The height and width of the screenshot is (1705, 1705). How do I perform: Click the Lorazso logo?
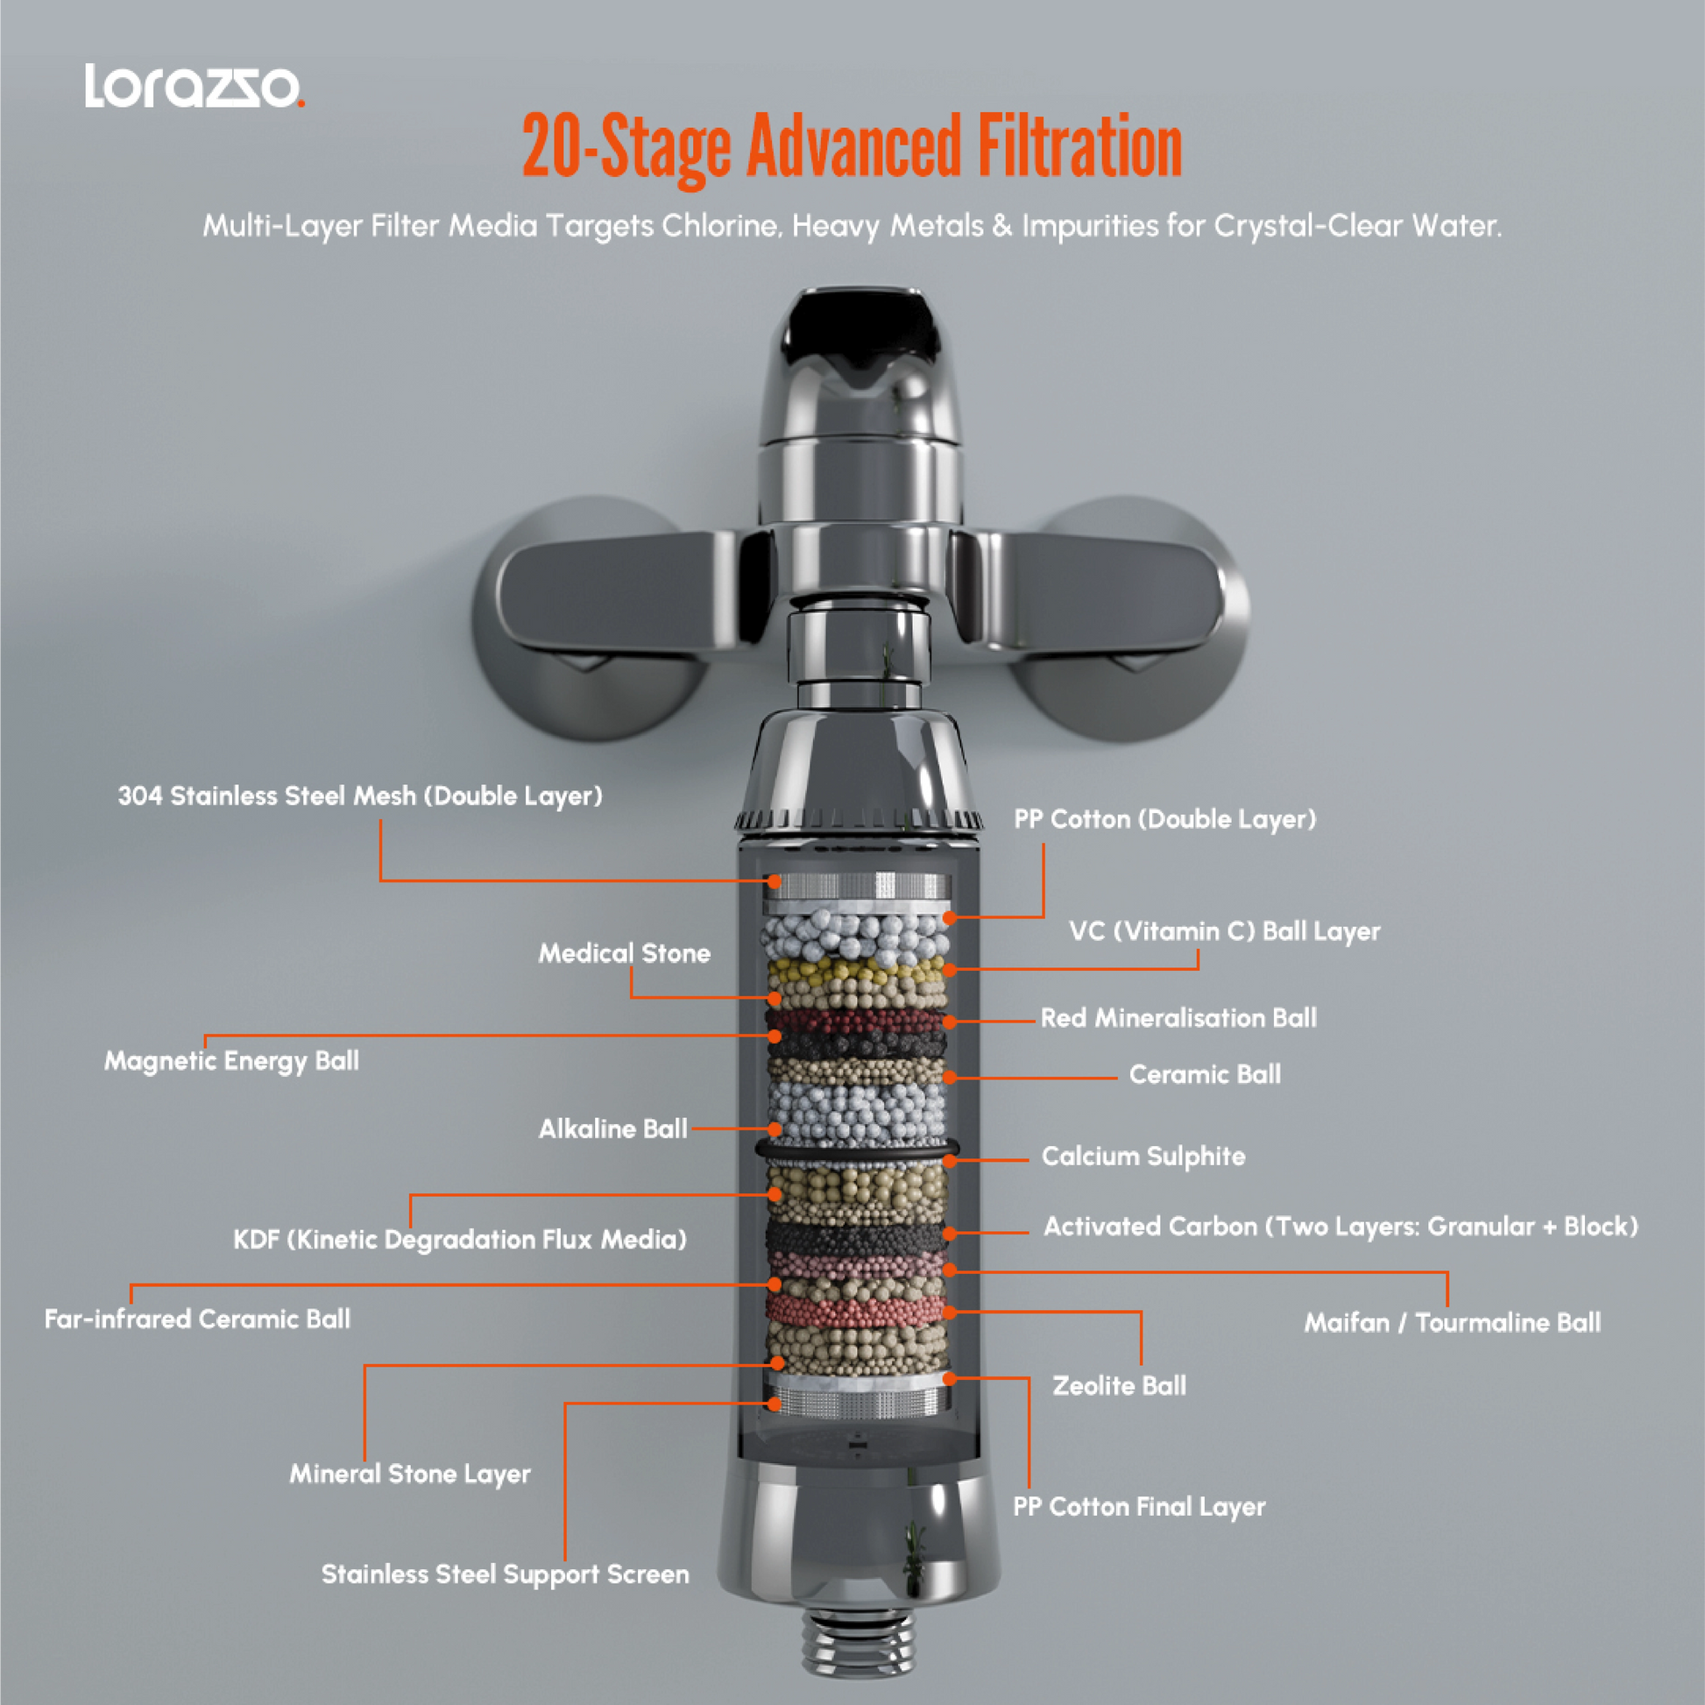pyautogui.click(x=195, y=87)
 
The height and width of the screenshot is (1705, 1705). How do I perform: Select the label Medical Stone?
pyautogui.click(x=624, y=953)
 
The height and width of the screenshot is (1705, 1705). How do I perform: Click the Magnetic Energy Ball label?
pyautogui.click(x=231, y=1060)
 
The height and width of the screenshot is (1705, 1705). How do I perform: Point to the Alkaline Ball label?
pyautogui.click(x=612, y=1128)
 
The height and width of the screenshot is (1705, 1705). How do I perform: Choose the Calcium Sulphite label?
pyautogui.click(x=1143, y=1156)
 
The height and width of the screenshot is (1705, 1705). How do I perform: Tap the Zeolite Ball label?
pyautogui.click(x=1119, y=1385)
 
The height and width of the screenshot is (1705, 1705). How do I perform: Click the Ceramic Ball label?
pyautogui.click(x=1205, y=1074)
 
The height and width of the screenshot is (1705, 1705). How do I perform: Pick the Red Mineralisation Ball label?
pyautogui.click(x=1178, y=1017)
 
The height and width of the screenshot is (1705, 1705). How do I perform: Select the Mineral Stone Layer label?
pyautogui.click(x=409, y=1473)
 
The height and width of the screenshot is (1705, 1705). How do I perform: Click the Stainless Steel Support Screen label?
pyautogui.click(x=505, y=1574)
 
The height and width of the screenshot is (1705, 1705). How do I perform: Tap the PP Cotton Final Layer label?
pyautogui.click(x=1138, y=1506)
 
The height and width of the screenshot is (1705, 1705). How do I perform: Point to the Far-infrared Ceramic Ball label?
pyautogui.click(x=197, y=1319)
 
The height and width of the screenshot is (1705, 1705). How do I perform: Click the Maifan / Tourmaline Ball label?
pyautogui.click(x=1452, y=1322)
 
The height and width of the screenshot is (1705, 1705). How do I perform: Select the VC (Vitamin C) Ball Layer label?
pyautogui.click(x=1224, y=931)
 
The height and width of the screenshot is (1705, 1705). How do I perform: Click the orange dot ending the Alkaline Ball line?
pyautogui.click(x=775, y=1128)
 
